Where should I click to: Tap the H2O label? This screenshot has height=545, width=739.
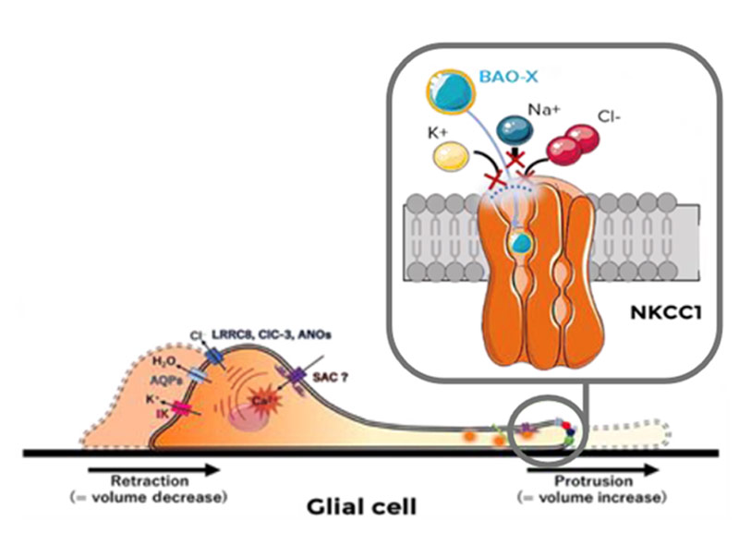[x=164, y=361]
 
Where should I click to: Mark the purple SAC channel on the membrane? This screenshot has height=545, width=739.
[x=298, y=376]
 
